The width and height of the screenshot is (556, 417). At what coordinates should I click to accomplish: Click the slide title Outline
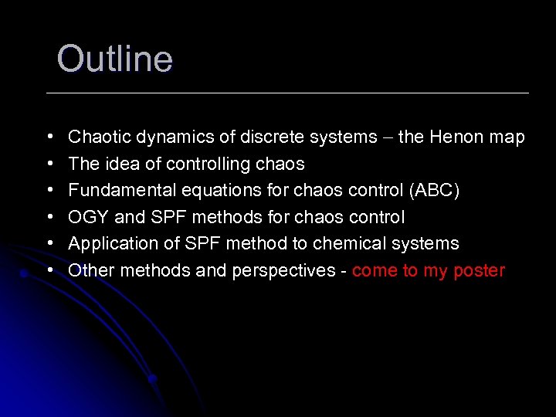point(114,59)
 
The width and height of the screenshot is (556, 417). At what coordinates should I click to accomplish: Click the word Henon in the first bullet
point(456,137)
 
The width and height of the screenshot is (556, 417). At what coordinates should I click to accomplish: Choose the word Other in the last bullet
point(90,270)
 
